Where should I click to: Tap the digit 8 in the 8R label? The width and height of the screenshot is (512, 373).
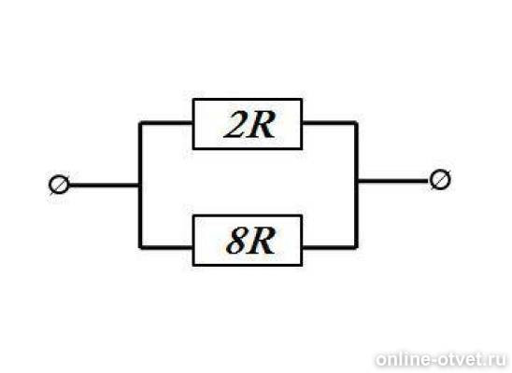pos(237,241)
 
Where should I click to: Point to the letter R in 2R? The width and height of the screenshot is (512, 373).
pos(263,125)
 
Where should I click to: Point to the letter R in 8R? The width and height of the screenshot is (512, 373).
pos(262,242)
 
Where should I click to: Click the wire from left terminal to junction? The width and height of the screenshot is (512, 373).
pos(104,186)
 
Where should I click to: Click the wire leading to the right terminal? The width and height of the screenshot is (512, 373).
pos(393,181)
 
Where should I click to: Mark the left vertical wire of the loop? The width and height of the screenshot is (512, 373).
pos(140,186)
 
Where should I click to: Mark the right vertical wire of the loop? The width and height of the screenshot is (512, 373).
pos(356,186)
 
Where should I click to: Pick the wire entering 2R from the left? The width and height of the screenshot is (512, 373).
pos(166,123)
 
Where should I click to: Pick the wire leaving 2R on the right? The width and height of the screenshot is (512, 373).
pos(330,123)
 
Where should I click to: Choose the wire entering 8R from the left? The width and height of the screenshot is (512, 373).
pos(166,247)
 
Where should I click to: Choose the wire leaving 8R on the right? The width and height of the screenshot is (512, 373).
pos(330,247)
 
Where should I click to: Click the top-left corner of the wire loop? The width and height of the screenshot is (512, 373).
pos(140,123)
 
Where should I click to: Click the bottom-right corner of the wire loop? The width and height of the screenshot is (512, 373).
pos(356,247)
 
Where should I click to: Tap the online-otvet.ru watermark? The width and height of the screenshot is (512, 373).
pos(441,360)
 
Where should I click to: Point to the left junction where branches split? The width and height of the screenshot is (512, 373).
pos(140,186)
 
